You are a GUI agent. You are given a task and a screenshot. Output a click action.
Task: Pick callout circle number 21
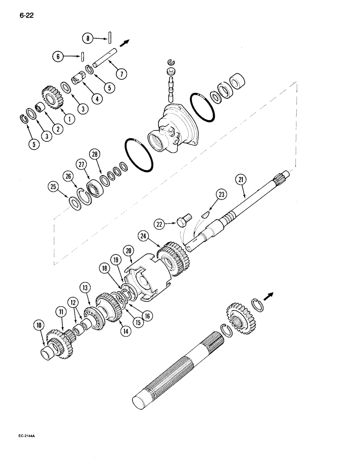tap(240, 180)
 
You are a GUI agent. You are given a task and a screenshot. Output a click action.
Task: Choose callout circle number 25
tap(54, 187)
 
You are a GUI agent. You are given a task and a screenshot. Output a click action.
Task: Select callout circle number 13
tap(85, 287)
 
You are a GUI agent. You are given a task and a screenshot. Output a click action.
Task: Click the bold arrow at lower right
tap(269, 295)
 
